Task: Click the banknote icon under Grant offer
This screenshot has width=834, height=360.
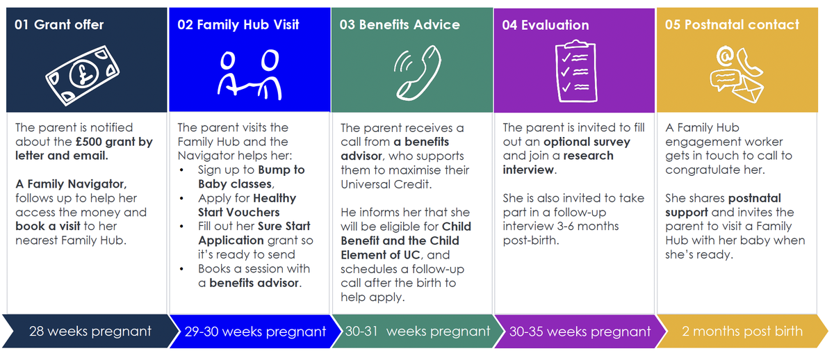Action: coord(82,75)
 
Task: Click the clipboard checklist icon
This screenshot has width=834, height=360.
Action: coord(576,71)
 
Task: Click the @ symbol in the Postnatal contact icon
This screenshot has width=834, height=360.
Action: coord(725,56)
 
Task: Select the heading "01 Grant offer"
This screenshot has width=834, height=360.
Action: coord(59,24)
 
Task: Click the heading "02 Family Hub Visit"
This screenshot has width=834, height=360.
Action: coord(238,24)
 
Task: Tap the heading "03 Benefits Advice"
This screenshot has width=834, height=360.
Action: coord(400,24)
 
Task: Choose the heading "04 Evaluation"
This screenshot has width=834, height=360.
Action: coord(546,25)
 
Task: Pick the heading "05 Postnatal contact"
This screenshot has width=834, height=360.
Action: coord(732,24)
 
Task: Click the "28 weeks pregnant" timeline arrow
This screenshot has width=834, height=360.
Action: coord(91,332)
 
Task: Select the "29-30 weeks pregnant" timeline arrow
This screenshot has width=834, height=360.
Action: coord(256,332)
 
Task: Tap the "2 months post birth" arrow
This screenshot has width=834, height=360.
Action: coord(742,332)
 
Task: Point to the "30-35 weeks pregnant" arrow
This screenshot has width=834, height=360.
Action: coord(580,332)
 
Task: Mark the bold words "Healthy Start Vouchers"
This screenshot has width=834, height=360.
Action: coord(247,205)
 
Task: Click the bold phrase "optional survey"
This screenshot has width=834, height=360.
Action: coord(587,142)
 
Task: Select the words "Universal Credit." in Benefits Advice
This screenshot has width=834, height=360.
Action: coord(386,184)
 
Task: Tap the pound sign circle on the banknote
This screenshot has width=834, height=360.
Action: coord(84,75)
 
